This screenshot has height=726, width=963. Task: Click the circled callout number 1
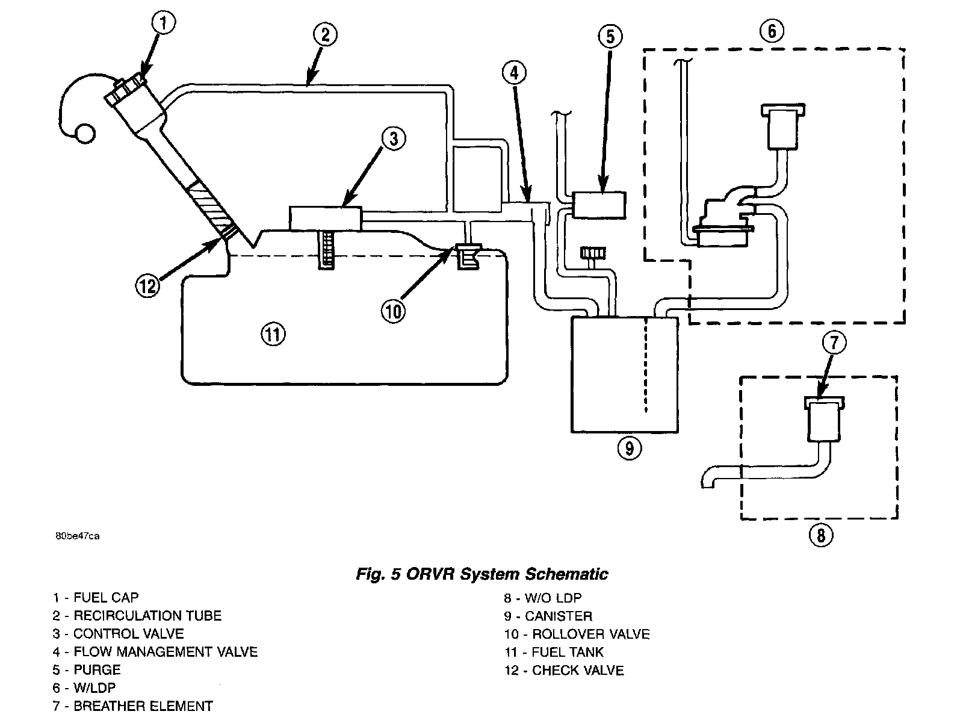[x=164, y=23]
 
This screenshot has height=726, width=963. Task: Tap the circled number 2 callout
[x=325, y=35]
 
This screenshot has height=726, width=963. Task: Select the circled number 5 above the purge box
[x=611, y=36]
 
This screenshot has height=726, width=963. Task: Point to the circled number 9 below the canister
[x=630, y=448]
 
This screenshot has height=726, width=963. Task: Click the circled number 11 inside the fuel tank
[x=273, y=335]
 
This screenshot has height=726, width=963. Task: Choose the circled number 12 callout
[x=147, y=286]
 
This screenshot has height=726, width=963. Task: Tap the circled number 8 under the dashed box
[x=821, y=535]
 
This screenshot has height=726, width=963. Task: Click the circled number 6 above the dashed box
[x=772, y=31]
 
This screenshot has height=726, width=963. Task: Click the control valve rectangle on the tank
[x=326, y=219]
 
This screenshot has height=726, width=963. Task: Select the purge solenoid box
[x=599, y=205]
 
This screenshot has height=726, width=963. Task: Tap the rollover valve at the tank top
[x=468, y=257]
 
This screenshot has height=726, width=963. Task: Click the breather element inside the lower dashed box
[x=825, y=419]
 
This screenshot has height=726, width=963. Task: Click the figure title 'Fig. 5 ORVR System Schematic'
[x=482, y=574]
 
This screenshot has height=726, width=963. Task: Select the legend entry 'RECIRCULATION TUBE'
[x=147, y=615]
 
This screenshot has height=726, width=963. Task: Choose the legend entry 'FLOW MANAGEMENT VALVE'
[x=166, y=652]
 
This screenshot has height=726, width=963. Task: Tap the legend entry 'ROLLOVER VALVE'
[x=590, y=634]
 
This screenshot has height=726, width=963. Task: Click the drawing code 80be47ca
[x=77, y=536]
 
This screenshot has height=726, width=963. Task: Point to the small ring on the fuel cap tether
[x=85, y=134]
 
